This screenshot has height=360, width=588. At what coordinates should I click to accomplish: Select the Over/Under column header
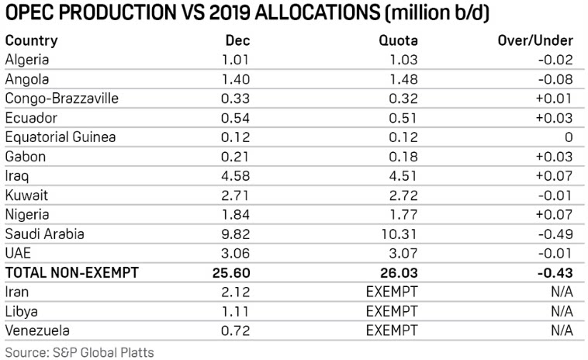(x=534, y=40)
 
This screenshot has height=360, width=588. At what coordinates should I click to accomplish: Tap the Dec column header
(x=237, y=40)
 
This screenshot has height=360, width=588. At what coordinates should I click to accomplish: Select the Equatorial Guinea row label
(x=61, y=137)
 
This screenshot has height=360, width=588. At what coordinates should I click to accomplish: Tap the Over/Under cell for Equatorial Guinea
(x=568, y=137)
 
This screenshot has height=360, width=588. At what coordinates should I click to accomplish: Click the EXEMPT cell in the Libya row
(x=393, y=311)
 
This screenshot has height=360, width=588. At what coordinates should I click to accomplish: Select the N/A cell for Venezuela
(x=560, y=331)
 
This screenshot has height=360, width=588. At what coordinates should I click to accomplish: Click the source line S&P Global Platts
(x=79, y=351)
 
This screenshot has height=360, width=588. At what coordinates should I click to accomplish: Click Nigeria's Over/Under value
(x=555, y=214)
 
